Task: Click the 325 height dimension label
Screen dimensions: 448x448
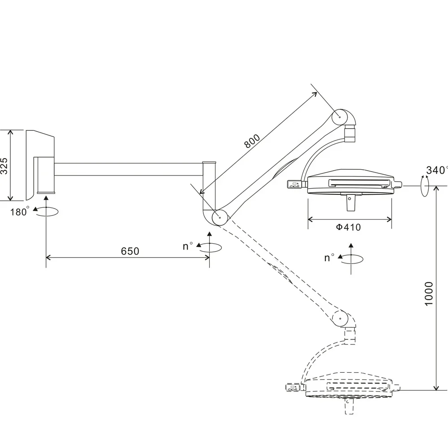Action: click(x=4, y=166)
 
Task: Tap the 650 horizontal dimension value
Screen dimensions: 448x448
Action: click(x=130, y=251)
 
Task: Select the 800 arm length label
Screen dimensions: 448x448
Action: click(x=252, y=141)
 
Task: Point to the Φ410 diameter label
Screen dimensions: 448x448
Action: click(x=348, y=227)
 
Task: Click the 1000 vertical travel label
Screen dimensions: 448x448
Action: click(x=429, y=294)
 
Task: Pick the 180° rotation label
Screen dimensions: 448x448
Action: click(x=19, y=211)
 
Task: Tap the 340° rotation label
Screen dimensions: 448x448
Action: click(x=436, y=170)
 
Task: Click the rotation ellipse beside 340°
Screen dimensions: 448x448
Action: click(x=425, y=186)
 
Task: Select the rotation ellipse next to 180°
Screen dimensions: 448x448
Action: click(x=46, y=211)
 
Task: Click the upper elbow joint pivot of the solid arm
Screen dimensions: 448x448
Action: click(x=340, y=117)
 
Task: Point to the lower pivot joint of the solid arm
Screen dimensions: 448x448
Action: click(x=220, y=217)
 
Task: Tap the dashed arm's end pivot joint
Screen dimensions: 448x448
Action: click(x=340, y=318)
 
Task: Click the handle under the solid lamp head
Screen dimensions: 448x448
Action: click(x=350, y=202)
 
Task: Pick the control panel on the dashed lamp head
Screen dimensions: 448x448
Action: click(x=293, y=388)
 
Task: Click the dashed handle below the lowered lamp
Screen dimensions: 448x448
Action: click(x=349, y=406)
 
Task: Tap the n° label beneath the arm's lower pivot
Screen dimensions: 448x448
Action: click(x=188, y=246)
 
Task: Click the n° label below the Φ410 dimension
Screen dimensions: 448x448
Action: click(x=329, y=258)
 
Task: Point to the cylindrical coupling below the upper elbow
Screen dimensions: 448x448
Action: click(x=350, y=134)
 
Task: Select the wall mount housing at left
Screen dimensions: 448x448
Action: click(x=40, y=165)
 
